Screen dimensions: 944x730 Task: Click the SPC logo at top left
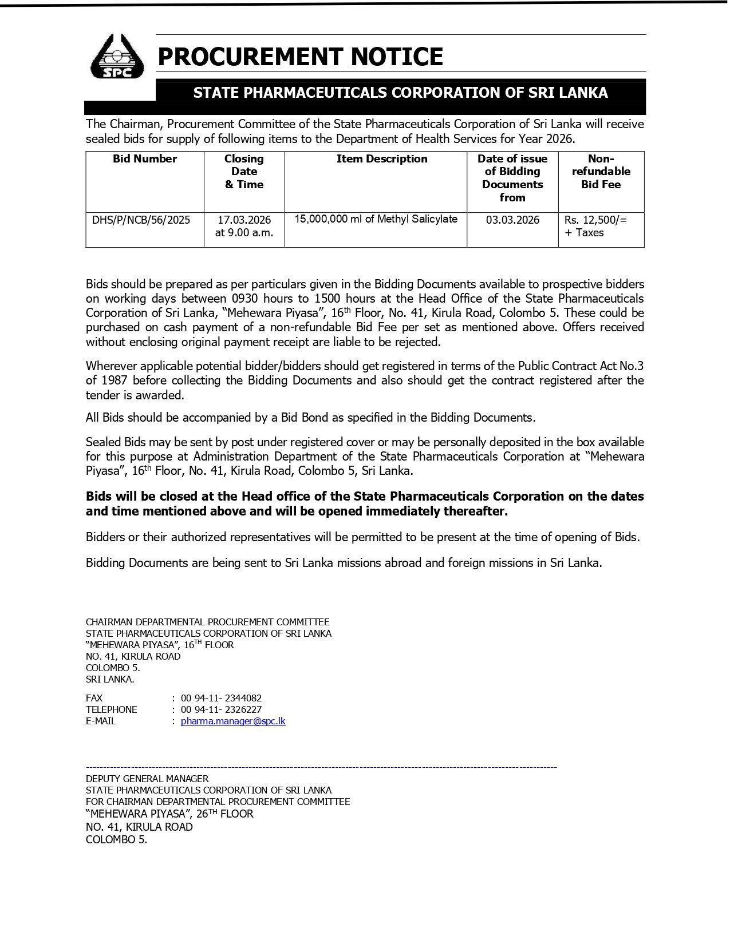coord(117,56)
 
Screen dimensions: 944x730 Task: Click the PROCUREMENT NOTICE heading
coord(300,57)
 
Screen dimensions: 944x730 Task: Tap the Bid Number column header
coord(145,159)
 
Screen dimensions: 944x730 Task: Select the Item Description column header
coord(382,159)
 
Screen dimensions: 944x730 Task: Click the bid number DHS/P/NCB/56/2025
coord(141,220)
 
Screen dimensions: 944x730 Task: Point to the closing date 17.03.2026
coord(244,220)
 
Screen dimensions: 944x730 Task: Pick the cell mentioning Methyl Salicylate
coord(376,219)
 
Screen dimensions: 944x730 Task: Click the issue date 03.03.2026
coord(512,220)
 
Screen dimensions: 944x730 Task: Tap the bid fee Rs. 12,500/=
coord(595,220)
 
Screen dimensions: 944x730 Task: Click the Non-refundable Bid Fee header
coord(601,172)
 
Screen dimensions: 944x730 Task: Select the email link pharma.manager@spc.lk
coord(233,721)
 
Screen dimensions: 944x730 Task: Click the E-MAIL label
coord(101,721)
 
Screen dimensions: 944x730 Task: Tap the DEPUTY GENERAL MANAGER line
coord(147,779)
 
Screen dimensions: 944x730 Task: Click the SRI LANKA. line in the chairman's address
coord(110,679)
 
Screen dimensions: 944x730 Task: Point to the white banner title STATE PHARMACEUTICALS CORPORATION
coord(400,93)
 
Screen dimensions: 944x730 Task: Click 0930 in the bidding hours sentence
coord(244,299)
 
